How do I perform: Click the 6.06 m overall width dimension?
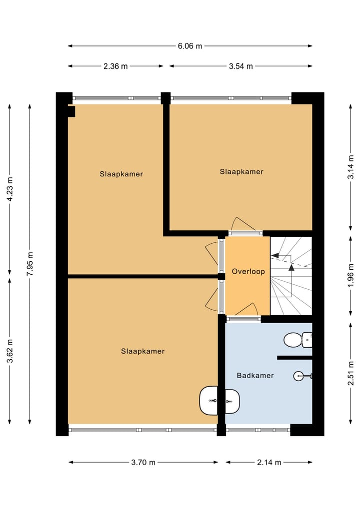point(190,46)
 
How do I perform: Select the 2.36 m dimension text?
point(115,66)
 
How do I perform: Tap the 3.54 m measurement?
point(240,66)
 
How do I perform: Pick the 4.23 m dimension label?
point(9,189)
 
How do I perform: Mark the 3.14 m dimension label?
point(351,167)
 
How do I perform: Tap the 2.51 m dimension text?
point(351,373)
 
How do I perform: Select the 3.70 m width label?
point(143,462)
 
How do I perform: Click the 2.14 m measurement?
point(269,462)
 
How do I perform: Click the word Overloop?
point(248,272)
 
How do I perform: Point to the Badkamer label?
point(255,375)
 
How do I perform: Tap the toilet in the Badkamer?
point(297,340)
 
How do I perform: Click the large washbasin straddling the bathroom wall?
point(219,400)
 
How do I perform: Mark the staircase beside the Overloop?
point(290,276)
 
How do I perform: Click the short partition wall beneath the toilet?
point(294,358)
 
